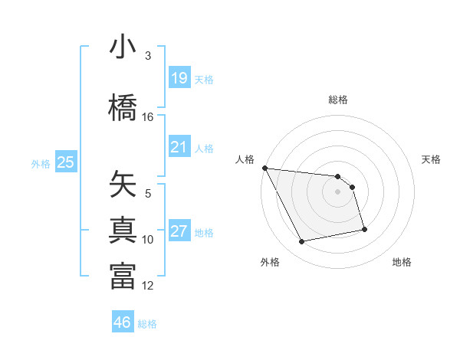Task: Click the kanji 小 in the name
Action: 123,47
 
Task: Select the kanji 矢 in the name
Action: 123,184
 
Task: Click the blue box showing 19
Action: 179,78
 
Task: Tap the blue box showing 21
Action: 179,147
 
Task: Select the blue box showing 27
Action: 179,231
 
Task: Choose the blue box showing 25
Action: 65,162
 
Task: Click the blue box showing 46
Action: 123,322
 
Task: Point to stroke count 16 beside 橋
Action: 148,117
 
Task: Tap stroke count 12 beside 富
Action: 148,286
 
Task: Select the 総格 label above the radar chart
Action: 338,100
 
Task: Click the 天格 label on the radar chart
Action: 432,159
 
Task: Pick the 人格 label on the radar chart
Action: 245,159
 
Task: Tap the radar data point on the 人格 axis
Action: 264,168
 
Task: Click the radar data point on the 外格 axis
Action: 302,242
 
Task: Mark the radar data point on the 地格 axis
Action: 364,229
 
